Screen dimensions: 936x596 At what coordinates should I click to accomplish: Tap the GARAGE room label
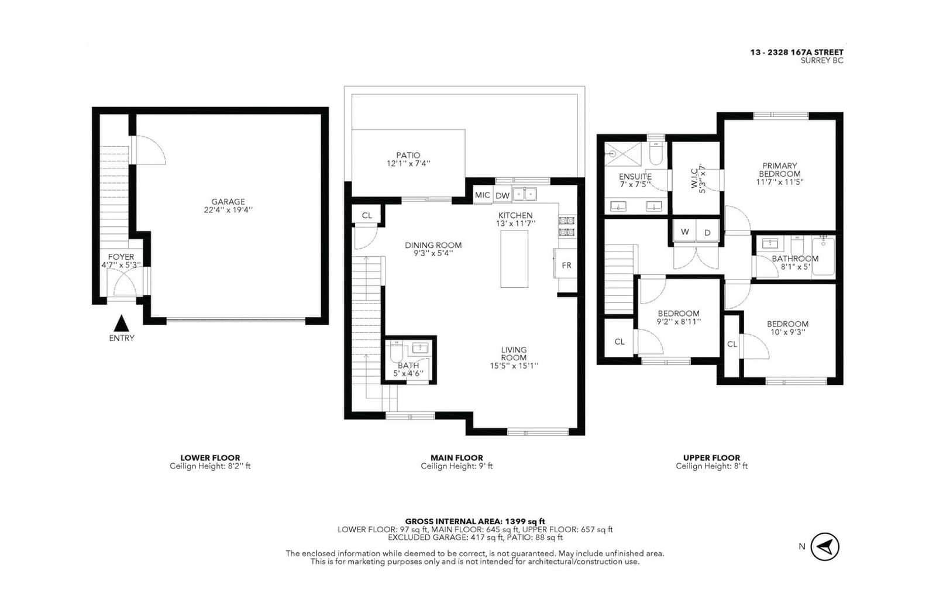point(228,202)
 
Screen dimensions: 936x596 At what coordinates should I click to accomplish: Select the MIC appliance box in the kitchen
point(483,195)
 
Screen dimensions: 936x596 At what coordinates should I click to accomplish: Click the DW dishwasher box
point(503,195)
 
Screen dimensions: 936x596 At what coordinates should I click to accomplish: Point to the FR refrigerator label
point(567,265)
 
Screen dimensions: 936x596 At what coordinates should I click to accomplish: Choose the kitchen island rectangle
point(514,259)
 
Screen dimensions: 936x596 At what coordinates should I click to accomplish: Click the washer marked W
point(684,232)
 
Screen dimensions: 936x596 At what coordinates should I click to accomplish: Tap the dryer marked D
point(707,232)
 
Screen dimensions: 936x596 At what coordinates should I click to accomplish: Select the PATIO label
point(408,156)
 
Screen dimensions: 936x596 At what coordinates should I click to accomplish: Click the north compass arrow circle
point(824,546)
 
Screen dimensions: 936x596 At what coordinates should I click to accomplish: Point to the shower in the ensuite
point(623,154)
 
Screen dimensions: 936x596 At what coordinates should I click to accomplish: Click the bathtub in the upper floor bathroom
point(823,256)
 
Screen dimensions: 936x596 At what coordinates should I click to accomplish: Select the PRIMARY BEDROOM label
point(780,170)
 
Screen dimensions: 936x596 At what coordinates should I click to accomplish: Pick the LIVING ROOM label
point(514,354)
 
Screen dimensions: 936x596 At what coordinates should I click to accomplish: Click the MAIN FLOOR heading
point(457,458)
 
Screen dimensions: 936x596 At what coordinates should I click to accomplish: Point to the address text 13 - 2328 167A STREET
point(797,52)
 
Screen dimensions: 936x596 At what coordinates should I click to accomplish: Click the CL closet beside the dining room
point(366,215)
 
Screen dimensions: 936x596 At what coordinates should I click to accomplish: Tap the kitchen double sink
point(525,194)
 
